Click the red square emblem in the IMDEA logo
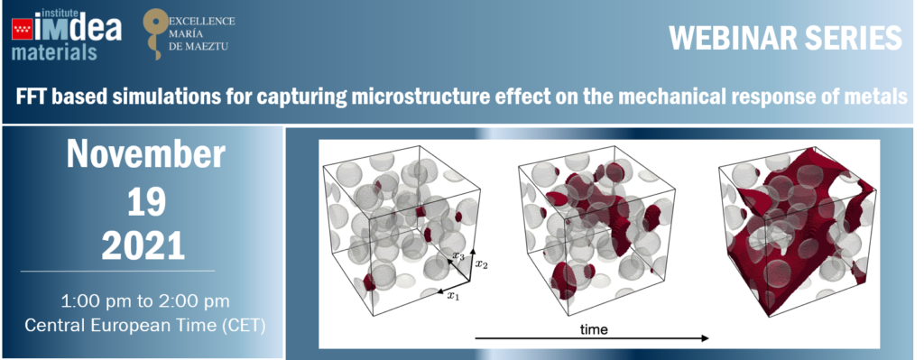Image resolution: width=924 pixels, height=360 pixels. pyautogui.click(x=22, y=30)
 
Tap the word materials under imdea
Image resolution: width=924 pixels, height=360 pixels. pyautogui.click(x=54, y=52)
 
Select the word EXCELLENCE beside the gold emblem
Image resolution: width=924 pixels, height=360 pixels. pyautogui.click(x=201, y=22)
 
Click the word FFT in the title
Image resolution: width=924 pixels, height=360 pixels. pyautogui.click(x=32, y=97)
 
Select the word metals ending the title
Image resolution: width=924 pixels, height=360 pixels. pyautogui.click(x=879, y=97)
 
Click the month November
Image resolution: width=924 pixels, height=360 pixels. pyautogui.click(x=145, y=155)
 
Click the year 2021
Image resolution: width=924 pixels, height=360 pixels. pyautogui.click(x=143, y=246)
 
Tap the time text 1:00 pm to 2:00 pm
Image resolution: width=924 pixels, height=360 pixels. pyautogui.click(x=145, y=301)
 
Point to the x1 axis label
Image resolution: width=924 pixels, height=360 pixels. pyautogui.click(x=453, y=296)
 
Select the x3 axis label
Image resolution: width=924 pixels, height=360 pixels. pyautogui.click(x=458, y=255)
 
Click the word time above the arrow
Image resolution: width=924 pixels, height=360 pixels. pyautogui.click(x=594, y=329)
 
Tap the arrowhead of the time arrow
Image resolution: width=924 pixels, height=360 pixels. pyautogui.click(x=703, y=338)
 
